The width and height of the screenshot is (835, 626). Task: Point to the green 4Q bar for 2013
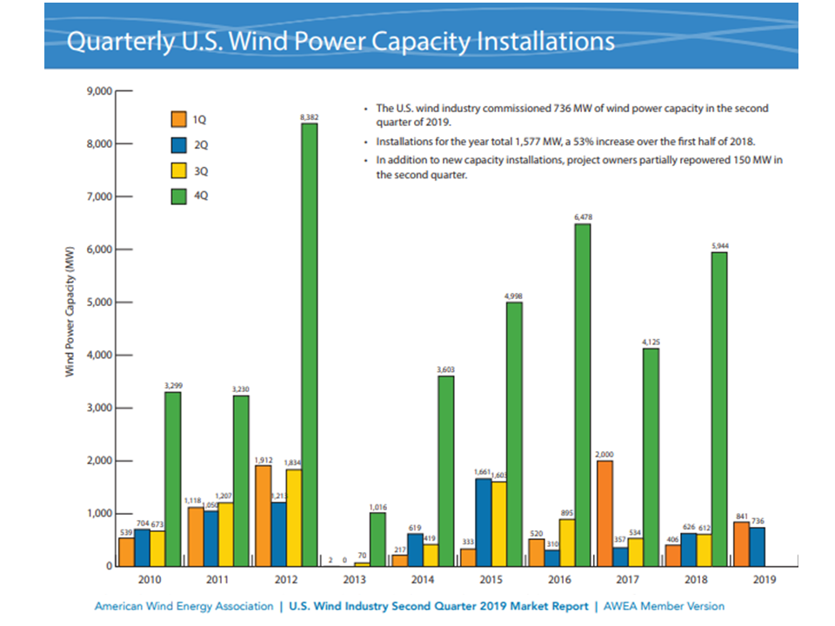coord(377,539)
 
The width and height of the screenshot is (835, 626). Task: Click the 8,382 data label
coord(309,116)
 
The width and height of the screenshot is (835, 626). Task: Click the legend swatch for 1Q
coord(179,118)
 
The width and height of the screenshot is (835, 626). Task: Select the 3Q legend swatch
coord(179,170)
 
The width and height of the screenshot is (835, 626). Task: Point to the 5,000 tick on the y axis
coord(97,303)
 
